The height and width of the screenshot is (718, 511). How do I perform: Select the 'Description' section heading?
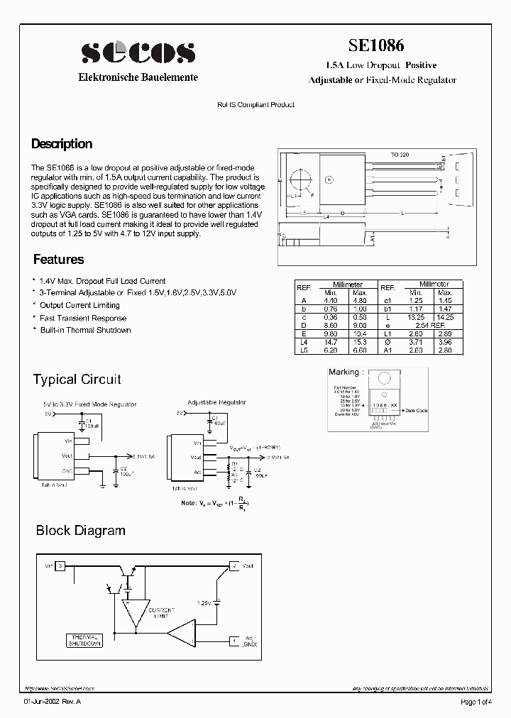(62, 144)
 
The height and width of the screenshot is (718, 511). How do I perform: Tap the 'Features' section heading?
(58, 260)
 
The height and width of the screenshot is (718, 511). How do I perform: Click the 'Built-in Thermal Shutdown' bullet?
(85, 330)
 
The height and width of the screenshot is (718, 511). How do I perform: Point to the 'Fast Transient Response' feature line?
(83, 318)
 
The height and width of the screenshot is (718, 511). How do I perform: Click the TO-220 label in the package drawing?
(400, 154)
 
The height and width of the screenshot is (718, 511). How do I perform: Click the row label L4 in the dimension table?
(304, 341)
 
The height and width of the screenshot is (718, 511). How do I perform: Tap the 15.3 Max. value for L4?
(360, 341)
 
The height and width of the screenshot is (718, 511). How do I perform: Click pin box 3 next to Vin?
(61, 565)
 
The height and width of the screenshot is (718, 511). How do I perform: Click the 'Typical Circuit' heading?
(77, 380)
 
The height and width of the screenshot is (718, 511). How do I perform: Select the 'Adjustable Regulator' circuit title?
(216, 402)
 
